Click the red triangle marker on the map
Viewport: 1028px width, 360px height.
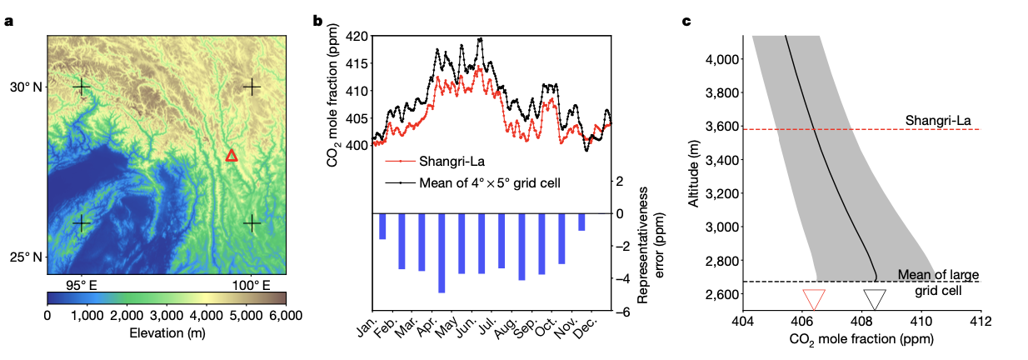tap(232, 156)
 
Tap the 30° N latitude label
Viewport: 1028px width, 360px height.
tap(26, 87)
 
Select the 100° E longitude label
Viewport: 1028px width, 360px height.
tap(251, 286)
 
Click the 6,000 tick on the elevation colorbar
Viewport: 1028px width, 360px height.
tap(286, 316)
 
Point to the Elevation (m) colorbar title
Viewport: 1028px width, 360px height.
tap(167, 332)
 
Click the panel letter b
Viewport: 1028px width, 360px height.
tap(317, 21)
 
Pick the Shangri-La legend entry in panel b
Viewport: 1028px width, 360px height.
tap(435, 161)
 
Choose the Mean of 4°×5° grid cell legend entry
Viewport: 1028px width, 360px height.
tap(472, 182)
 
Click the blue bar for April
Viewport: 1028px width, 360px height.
tap(442, 253)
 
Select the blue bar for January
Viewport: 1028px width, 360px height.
tap(382, 226)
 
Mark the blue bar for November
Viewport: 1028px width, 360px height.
tap(581, 222)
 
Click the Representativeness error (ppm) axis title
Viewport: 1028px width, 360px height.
tap(651, 245)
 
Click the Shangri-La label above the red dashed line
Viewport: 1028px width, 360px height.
tap(938, 121)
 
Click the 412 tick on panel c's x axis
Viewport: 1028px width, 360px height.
tap(981, 321)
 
